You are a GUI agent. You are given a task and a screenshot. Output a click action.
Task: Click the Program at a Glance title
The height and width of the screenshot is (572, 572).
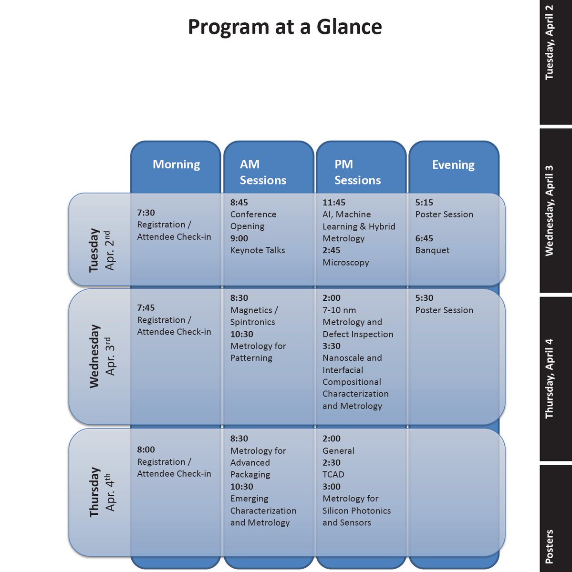(x=285, y=27)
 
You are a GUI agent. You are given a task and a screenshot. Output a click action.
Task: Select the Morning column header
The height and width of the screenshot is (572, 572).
(x=176, y=164)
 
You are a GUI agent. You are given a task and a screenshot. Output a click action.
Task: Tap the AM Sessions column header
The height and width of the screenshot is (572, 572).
(x=263, y=172)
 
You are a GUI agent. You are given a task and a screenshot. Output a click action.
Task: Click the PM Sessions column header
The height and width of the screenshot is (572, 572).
(x=357, y=172)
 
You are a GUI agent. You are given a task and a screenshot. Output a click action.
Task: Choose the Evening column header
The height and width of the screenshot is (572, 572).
(x=453, y=165)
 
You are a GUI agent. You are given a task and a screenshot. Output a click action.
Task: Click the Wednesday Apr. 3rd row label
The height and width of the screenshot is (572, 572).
(x=101, y=356)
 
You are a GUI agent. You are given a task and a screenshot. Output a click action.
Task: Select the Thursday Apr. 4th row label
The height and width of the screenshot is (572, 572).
(x=101, y=492)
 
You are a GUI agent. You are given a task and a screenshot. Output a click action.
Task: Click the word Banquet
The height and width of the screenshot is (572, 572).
(x=432, y=250)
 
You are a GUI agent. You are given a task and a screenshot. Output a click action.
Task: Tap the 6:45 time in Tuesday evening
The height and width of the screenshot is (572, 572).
(x=424, y=238)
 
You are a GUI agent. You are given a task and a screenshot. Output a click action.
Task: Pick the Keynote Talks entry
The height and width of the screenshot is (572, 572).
(x=258, y=250)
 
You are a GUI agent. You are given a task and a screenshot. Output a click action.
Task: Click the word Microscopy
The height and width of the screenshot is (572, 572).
(x=346, y=263)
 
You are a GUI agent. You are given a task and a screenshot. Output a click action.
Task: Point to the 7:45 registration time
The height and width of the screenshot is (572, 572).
(x=146, y=308)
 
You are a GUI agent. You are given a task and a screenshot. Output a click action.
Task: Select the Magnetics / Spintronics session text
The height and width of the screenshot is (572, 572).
(x=253, y=316)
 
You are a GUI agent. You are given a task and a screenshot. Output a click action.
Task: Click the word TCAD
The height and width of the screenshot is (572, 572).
(x=333, y=474)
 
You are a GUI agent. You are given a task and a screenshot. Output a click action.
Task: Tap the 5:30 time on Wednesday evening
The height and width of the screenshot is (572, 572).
(x=424, y=298)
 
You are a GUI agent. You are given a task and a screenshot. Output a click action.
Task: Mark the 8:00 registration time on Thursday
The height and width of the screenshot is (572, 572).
(x=146, y=449)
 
